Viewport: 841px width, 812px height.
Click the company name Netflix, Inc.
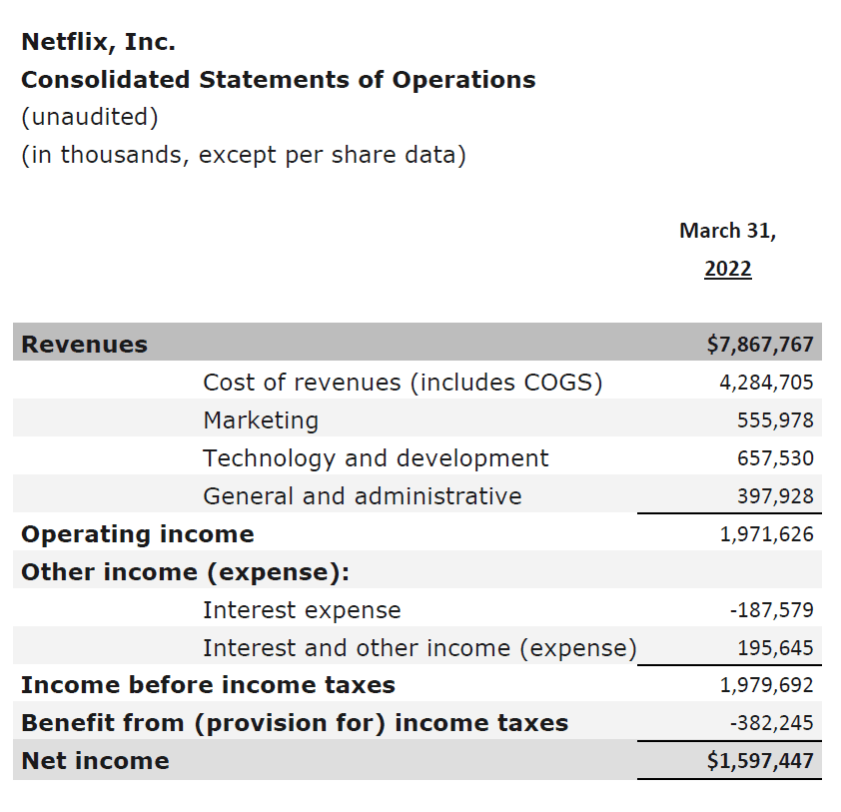click(98, 42)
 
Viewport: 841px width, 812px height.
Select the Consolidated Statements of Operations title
click(278, 80)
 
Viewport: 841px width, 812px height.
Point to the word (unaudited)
click(90, 117)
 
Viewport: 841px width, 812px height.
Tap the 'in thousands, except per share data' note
click(244, 156)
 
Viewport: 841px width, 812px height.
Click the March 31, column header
click(727, 231)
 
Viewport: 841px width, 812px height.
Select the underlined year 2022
click(727, 269)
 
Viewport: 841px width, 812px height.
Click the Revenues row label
click(84, 345)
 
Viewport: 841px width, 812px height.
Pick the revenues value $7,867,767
click(760, 345)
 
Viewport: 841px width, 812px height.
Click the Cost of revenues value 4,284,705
click(766, 383)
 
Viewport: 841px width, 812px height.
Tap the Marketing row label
click(261, 420)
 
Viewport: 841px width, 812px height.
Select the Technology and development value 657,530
click(775, 458)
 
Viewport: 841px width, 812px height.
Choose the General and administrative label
click(362, 496)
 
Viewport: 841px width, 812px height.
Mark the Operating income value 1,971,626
click(766, 534)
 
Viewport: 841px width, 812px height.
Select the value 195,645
click(775, 648)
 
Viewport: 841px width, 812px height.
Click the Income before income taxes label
click(208, 685)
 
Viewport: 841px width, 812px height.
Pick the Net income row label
click(95, 761)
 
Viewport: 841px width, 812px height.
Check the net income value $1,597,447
click(760, 761)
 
